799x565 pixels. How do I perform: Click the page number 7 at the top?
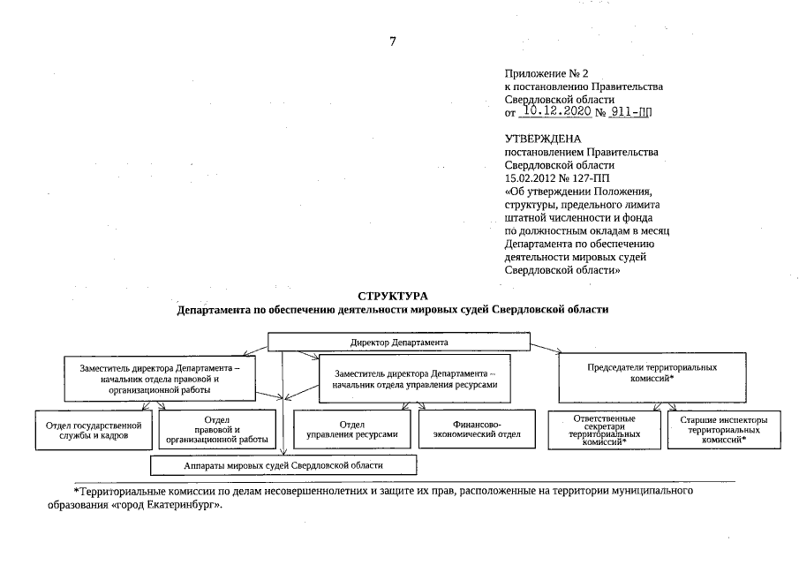click(x=392, y=41)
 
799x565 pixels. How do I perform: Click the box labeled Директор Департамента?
click(x=399, y=341)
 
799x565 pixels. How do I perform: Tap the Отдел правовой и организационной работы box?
click(x=216, y=429)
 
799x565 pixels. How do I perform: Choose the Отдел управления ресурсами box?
click(x=351, y=429)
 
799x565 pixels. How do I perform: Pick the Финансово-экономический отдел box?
click(x=476, y=429)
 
